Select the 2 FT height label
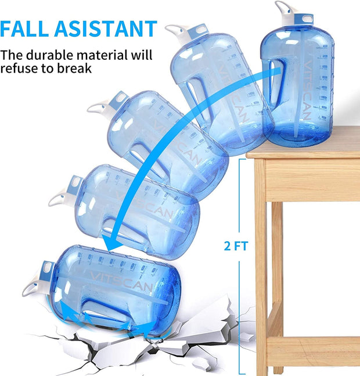236,246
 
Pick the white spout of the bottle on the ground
31,287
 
